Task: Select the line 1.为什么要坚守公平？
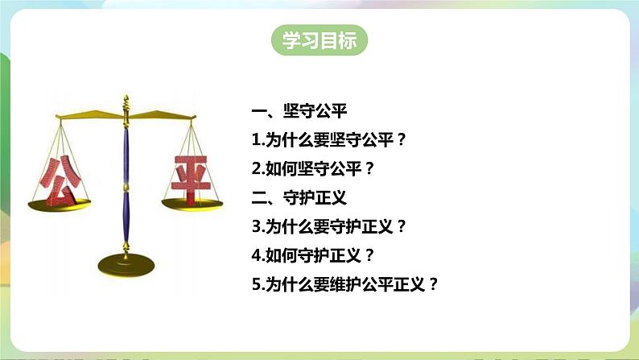tap(328, 140)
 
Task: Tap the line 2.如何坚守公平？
tap(312, 169)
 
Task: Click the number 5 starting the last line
tap(256, 284)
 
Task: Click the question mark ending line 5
tap(434, 284)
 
